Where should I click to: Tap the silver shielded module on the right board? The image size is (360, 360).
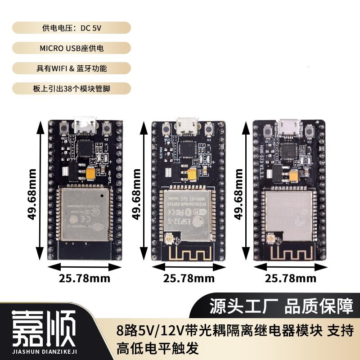pos(288,211)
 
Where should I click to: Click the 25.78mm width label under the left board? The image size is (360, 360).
pos(85,278)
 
